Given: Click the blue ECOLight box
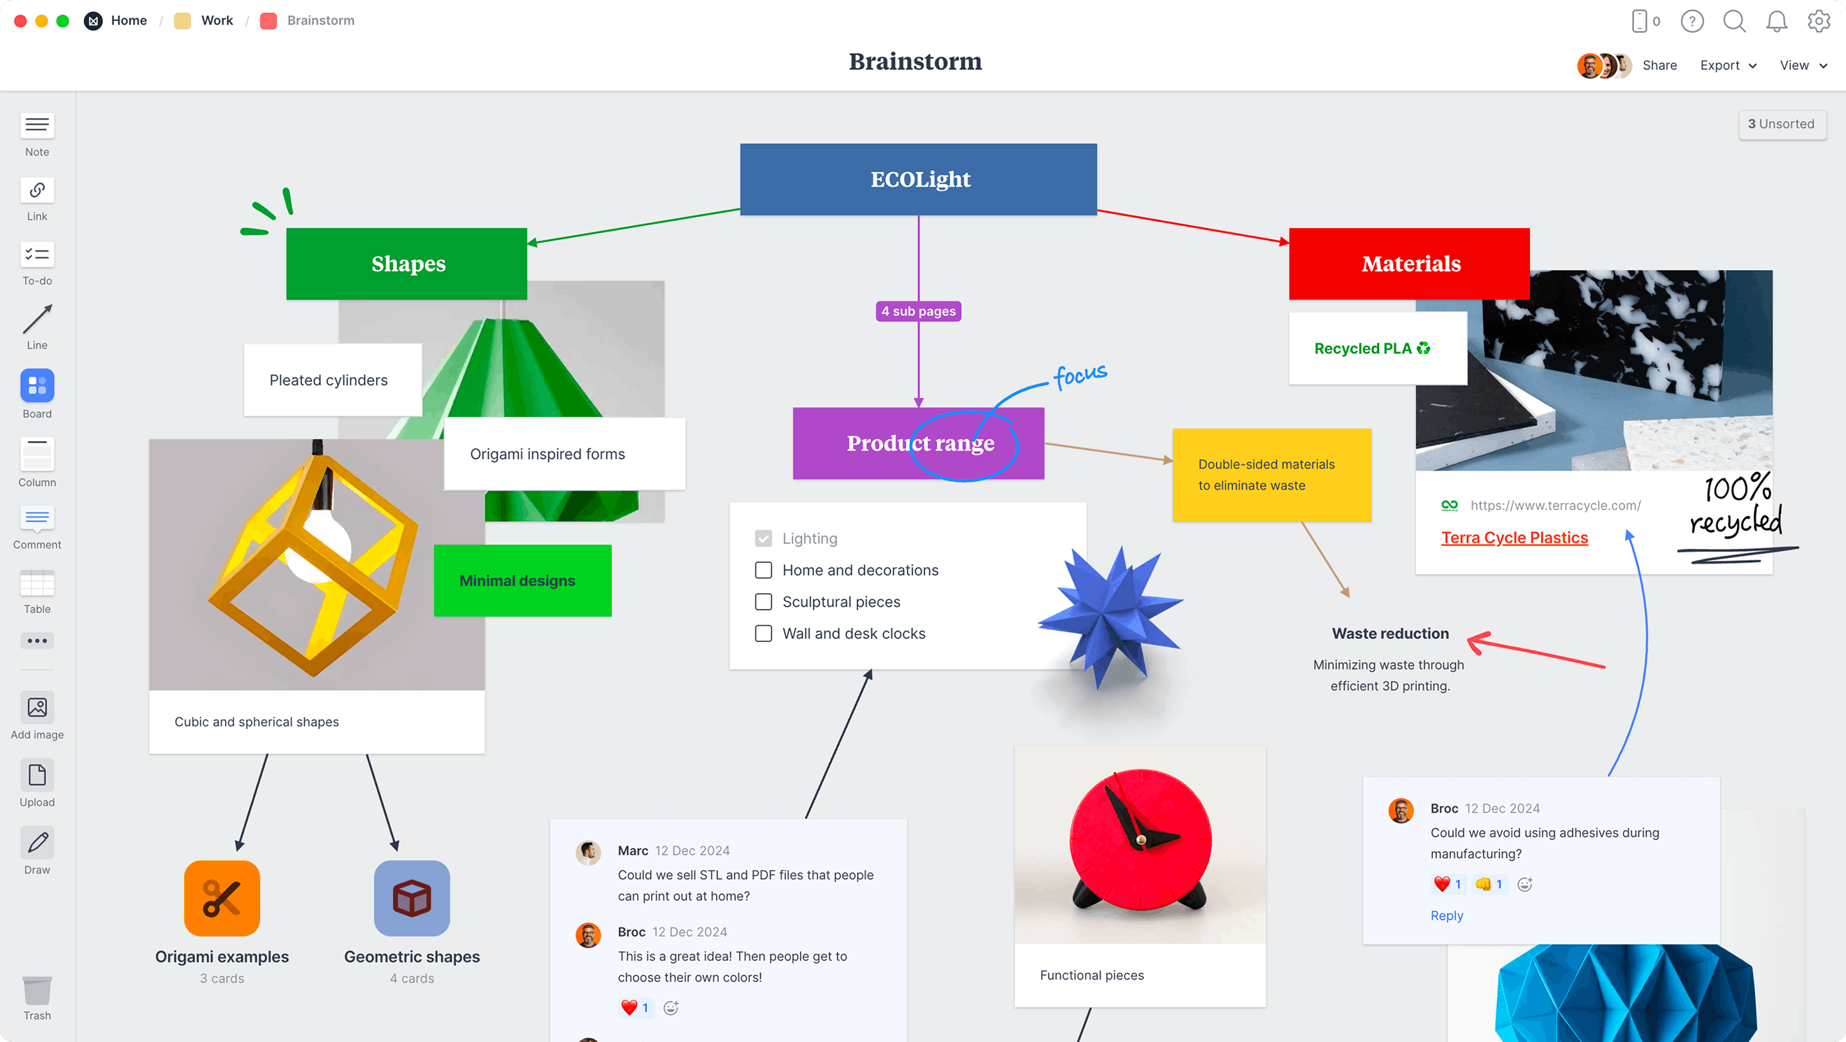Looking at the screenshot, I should point(918,179).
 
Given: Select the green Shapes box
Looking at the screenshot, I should point(406,264).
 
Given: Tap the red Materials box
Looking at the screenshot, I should point(1409,264).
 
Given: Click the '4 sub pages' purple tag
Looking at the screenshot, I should point(918,311).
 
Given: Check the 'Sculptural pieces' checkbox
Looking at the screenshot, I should point(763,602).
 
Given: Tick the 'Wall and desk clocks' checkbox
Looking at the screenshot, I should point(763,634).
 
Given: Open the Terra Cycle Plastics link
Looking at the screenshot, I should point(1513,538).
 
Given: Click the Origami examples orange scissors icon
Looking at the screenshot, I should point(222,898).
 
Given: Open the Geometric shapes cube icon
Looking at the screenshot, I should point(411,898).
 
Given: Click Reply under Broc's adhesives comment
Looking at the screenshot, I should point(1446,915).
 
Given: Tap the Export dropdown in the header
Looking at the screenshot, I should point(1727,65).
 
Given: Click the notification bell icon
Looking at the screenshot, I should point(1776,22).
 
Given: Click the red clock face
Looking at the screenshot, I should point(1140,838).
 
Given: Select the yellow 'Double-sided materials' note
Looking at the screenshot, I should point(1271,474).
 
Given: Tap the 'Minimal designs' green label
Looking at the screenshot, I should point(522,580).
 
